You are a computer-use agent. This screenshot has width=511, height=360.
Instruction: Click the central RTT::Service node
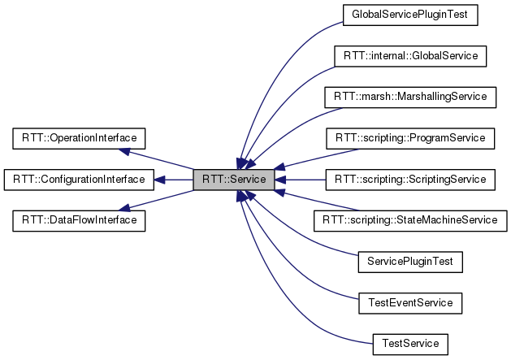click(x=234, y=179)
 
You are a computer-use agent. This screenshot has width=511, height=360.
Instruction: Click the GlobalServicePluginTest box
click(x=409, y=14)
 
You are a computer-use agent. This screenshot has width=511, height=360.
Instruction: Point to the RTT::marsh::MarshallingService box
click(x=409, y=97)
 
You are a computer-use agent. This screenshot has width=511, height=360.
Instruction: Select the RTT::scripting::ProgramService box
click(x=409, y=138)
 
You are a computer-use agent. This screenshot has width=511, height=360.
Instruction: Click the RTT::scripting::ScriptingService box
click(x=409, y=179)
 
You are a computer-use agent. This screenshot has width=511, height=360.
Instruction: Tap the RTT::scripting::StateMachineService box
click(x=409, y=220)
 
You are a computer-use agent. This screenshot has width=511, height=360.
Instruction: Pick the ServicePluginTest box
click(x=409, y=262)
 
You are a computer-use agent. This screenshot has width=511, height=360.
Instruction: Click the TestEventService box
click(x=409, y=303)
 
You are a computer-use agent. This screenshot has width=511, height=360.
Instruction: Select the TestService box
click(x=409, y=344)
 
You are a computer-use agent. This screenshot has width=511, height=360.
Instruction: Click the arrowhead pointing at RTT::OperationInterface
click(x=123, y=150)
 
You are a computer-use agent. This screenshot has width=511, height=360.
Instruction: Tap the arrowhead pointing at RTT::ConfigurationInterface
click(x=159, y=179)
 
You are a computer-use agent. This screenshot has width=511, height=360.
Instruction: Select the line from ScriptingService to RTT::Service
click(x=301, y=179)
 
